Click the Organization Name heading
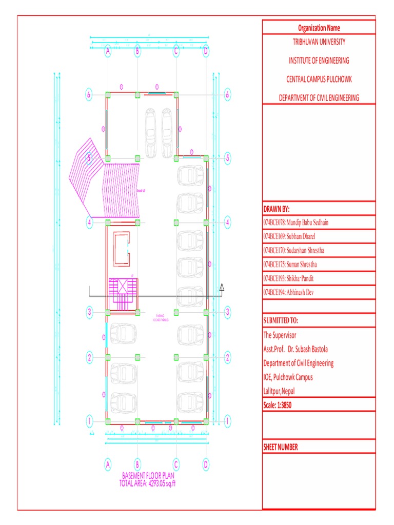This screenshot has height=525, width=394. click(319, 28)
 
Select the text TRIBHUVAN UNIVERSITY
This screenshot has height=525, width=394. click(319, 42)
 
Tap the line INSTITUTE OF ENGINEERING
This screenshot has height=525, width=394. click(319, 60)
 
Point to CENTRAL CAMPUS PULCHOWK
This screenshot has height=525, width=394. click(319, 79)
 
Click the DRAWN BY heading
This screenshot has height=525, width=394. click(277, 209)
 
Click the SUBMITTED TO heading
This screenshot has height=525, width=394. click(280, 320)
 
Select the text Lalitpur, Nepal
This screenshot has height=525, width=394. click(279, 391)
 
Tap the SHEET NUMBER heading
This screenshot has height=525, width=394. click(280, 447)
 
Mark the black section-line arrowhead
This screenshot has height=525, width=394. click(222, 288)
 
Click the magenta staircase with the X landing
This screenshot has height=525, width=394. click(122, 294)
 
